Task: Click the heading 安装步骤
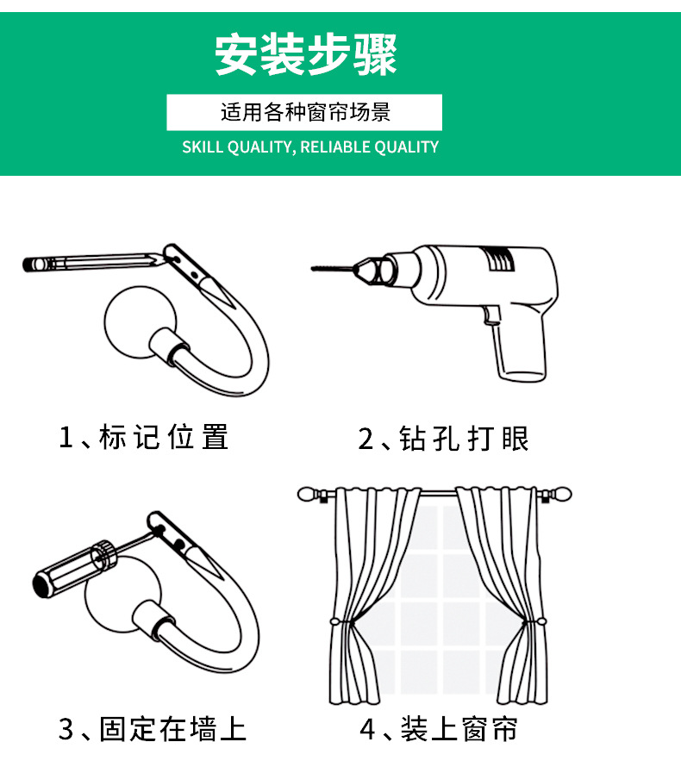[305, 54]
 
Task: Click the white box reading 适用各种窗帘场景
[304, 113]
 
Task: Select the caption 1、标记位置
[143, 437]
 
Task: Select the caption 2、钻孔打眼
[444, 439]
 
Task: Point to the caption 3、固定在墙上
[152, 729]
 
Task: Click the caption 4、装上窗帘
[439, 729]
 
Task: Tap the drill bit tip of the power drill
[313, 268]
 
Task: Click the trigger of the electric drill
[490, 315]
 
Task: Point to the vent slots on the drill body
[500, 259]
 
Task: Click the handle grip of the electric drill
[520, 348]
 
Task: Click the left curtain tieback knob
[335, 622]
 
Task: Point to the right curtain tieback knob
[542, 622]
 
